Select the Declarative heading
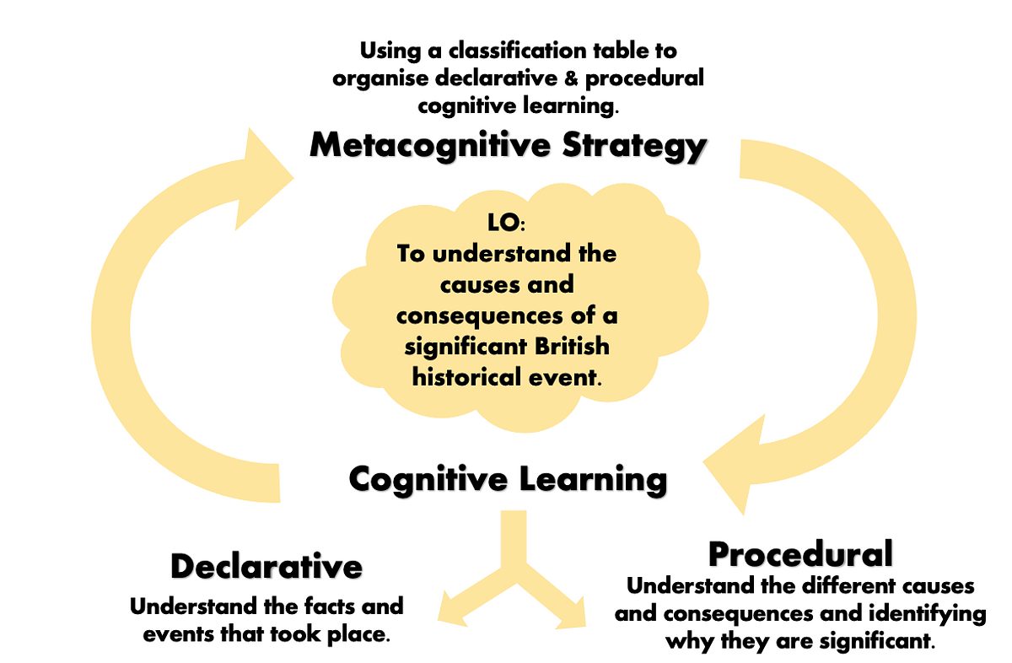266,566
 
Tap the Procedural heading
800,554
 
